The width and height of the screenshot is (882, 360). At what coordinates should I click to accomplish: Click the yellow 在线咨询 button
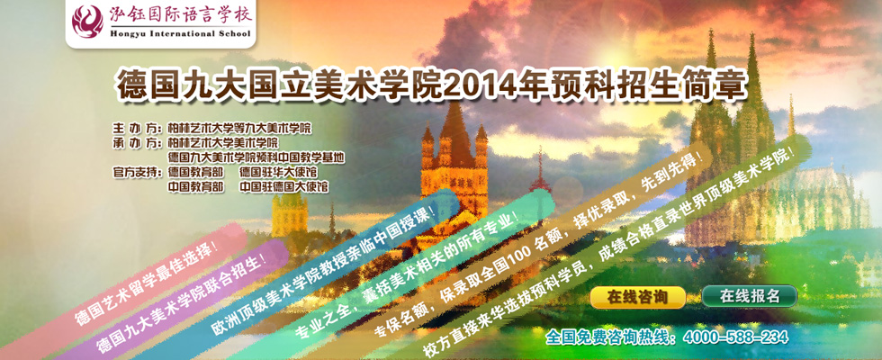point(638,297)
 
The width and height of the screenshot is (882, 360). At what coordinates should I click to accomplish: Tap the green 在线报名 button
point(749,296)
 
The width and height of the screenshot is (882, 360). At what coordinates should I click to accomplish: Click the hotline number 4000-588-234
point(735,337)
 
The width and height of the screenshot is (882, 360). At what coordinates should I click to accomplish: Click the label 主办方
point(134,128)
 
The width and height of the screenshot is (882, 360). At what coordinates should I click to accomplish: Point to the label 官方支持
point(136,172)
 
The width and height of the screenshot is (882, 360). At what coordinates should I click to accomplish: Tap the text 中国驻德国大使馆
point(284,187)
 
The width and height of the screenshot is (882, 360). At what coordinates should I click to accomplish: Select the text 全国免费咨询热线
point(612,337)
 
